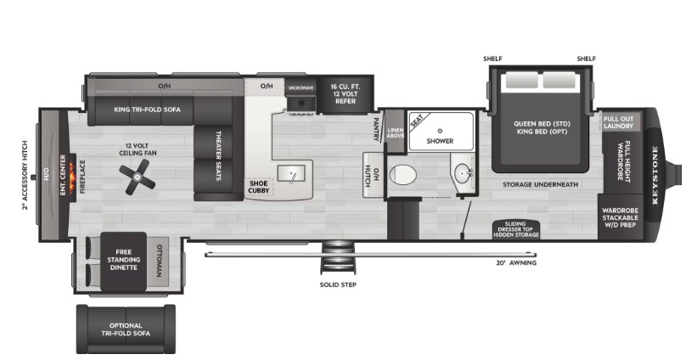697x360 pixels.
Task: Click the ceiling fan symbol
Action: (138, 177)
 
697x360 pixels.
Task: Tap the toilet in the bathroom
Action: (402, 175)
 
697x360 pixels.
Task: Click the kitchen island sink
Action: (291, 173)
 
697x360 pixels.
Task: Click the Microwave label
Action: (301, 88)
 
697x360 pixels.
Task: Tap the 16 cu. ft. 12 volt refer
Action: (346, 94)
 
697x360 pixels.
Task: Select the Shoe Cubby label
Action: (259, 187)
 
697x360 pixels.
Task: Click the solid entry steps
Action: (337, 257)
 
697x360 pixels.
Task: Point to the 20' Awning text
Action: (516, 262)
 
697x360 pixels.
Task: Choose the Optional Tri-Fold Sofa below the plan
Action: (126, 329)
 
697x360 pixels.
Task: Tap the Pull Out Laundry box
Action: (618, 122)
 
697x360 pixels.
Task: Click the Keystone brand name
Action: (656, 175)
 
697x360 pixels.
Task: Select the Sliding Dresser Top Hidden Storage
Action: (515, 229)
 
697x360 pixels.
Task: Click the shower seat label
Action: (417, 121)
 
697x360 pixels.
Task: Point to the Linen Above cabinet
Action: (395, 132)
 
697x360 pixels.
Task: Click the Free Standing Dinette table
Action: (124, 261)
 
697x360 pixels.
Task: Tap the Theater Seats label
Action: (218, 155)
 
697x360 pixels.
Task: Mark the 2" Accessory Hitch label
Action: (25, 175)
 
